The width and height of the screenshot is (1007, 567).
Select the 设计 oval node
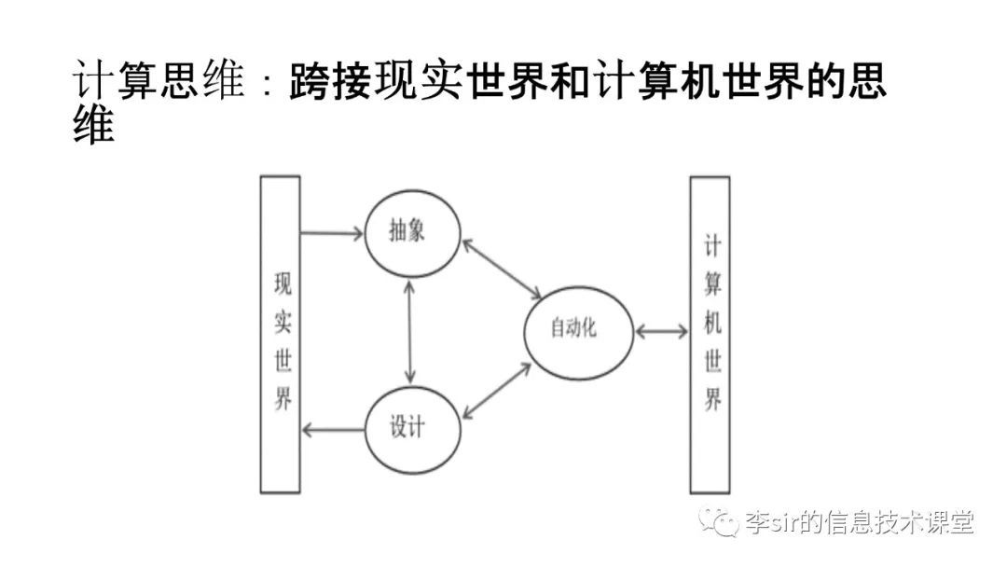pyautogui.click(x=409, y=428)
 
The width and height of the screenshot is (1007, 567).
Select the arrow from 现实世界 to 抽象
pyautogui.click(x=332, y=233)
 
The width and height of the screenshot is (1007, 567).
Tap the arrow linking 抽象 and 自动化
pyautogui.click(x=501, y=269)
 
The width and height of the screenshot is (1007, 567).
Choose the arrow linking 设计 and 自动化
pyautogui.click(x=497, y=391)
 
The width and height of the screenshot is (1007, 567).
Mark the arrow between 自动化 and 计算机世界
pyautogui.click(x=661, y=331)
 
